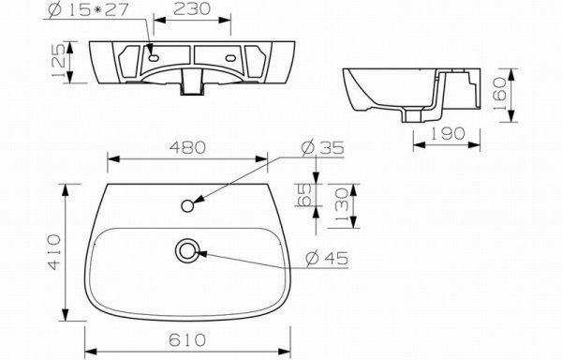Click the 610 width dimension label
tap(187, 339)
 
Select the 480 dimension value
tap(188, 147)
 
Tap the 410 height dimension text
tap(54, 251)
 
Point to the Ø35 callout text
tap(322, 148)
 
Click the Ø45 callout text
tap(327, 258)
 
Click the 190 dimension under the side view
tap(447, 133)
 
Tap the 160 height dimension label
tap(499, 95)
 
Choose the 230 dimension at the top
tap(192, 9)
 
